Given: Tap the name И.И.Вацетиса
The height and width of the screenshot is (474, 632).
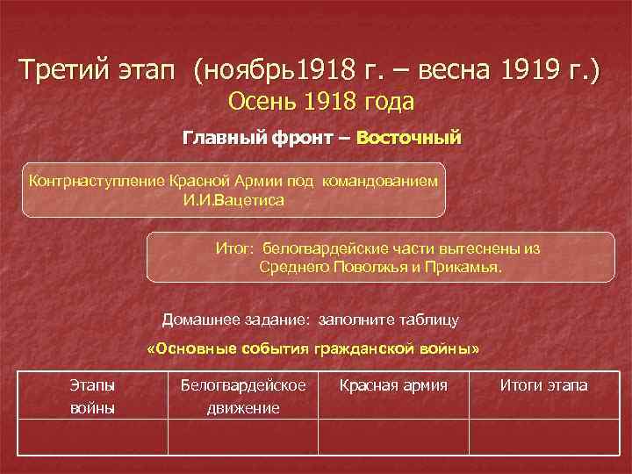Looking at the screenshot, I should (233, 199).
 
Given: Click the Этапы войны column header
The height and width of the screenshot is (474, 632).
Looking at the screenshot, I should (92, 396).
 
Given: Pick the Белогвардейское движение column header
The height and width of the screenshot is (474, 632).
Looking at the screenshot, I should (242, 396).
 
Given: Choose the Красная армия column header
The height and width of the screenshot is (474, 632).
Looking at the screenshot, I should (393, 385).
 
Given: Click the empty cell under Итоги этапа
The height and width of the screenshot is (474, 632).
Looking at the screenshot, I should (543, 436).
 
